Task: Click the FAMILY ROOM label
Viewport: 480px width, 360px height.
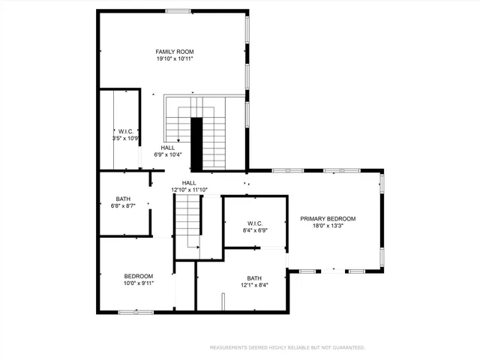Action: [x=175, y=51]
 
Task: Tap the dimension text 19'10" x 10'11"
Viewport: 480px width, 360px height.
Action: [x=175, y=58]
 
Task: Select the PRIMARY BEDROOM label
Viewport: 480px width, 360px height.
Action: [x=328, y=219]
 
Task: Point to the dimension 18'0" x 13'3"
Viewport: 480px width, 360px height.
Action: [x=328, y=226]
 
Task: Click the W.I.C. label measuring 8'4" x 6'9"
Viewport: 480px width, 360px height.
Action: [x=255, y=223]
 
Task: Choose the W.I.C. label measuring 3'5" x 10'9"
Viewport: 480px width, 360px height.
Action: [x=125, y=131]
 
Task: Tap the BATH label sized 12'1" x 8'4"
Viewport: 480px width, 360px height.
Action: [x=254, y=277]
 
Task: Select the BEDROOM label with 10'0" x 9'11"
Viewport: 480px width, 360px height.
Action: [x=138, y=277]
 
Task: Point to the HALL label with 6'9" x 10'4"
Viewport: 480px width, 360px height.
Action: [x=168, y=148]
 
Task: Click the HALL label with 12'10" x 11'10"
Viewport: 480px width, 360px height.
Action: [x=189, y=182]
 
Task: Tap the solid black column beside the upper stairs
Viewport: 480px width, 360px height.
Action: [x=197, y=142]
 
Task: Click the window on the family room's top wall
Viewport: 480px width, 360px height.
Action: [x=178, y=10]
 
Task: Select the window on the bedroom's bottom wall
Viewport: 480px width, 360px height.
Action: [x=135, y=311]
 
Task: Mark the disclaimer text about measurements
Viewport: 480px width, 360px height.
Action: [x=287, y=347]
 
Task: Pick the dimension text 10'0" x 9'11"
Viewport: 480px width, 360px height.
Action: [x=138, y=284]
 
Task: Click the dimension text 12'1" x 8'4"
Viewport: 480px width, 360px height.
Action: [x=254, y=285]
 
